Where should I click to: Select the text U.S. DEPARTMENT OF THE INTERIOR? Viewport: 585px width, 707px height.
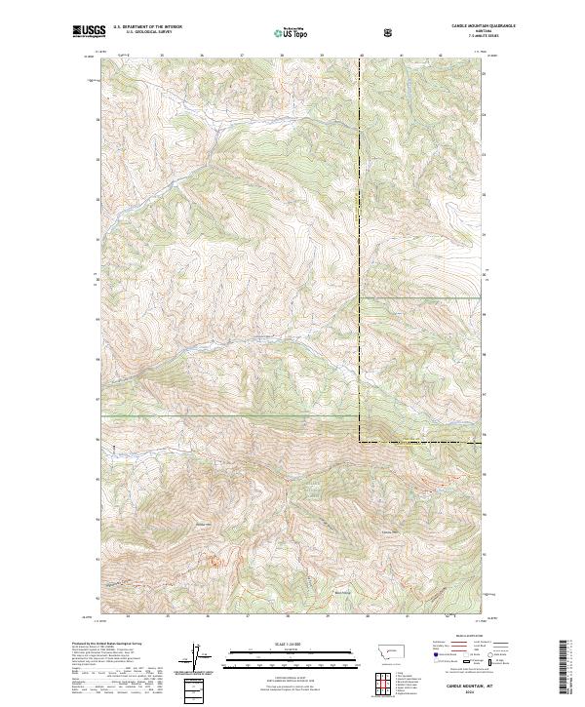click(x=148, y=27)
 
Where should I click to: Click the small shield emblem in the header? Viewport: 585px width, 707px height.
click(x=389, y=32)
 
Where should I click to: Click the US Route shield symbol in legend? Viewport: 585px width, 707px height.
click(x=472, y=660)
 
